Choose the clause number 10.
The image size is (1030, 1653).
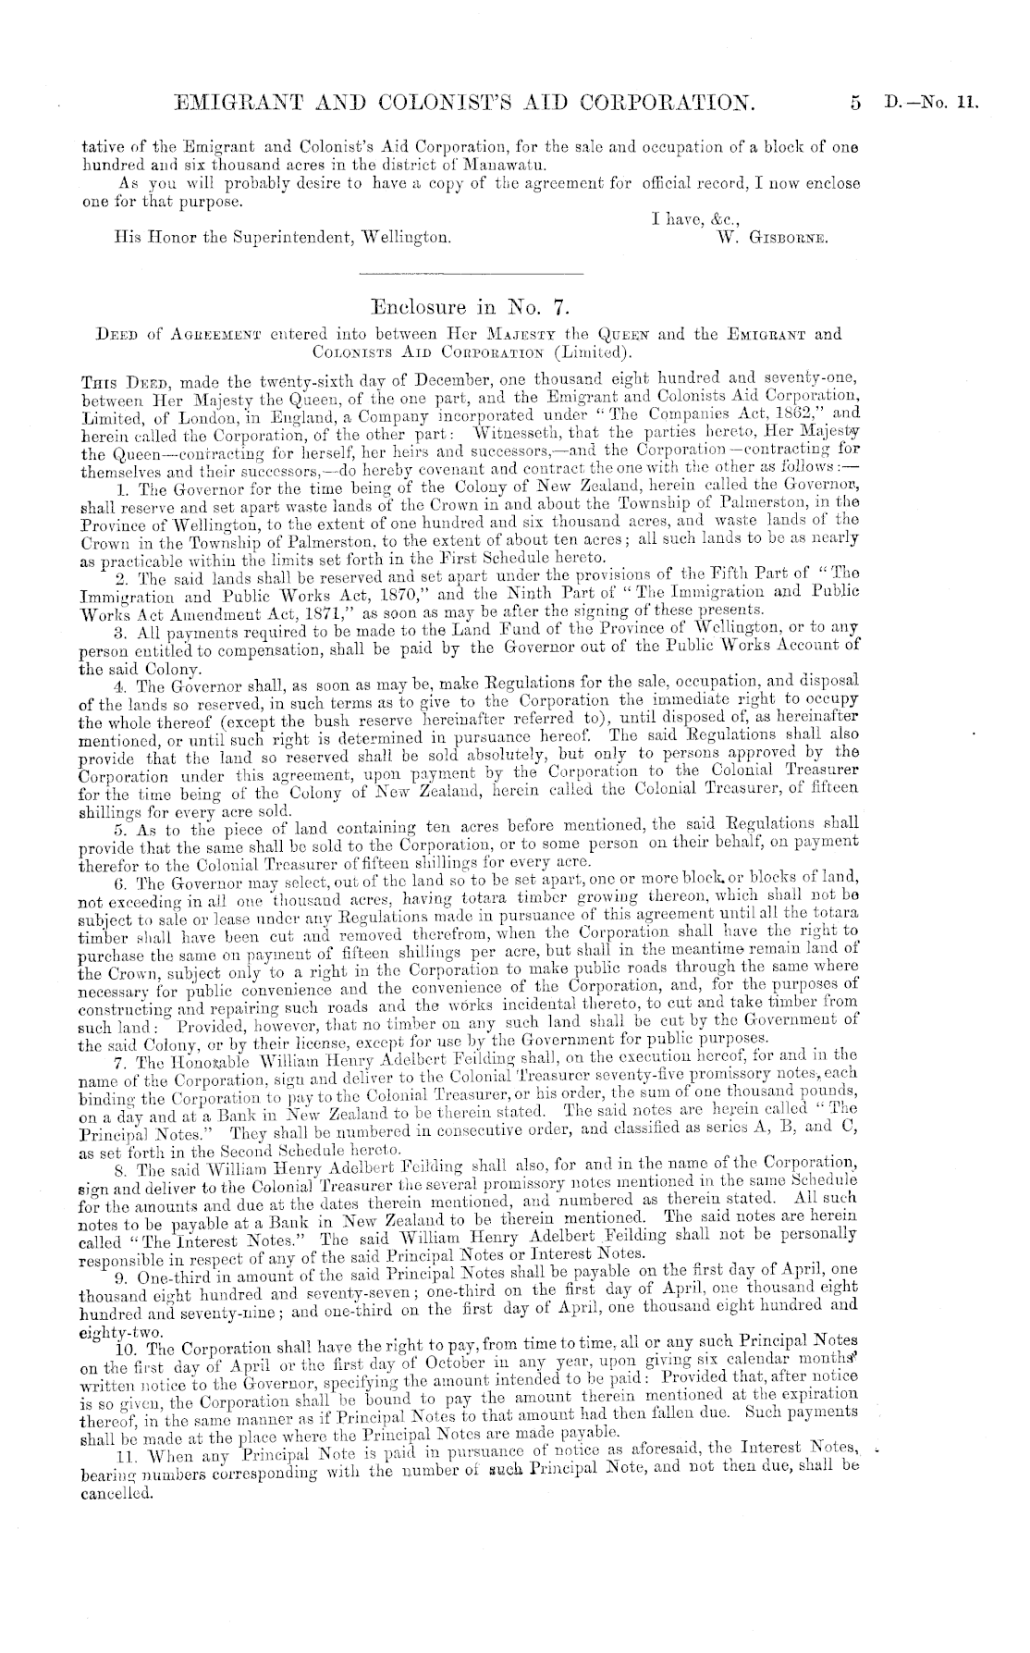pos(120,1342)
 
